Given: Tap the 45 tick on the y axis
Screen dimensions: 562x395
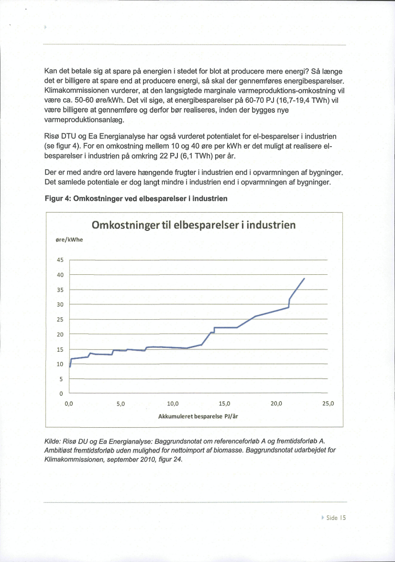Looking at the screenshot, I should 60,260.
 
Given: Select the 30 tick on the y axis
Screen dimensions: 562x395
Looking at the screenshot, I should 60,305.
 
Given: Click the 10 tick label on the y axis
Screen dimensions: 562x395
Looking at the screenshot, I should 60,364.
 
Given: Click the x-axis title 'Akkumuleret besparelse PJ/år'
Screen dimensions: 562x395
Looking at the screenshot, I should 198,416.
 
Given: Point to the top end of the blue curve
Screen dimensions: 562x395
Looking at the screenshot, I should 305,278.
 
